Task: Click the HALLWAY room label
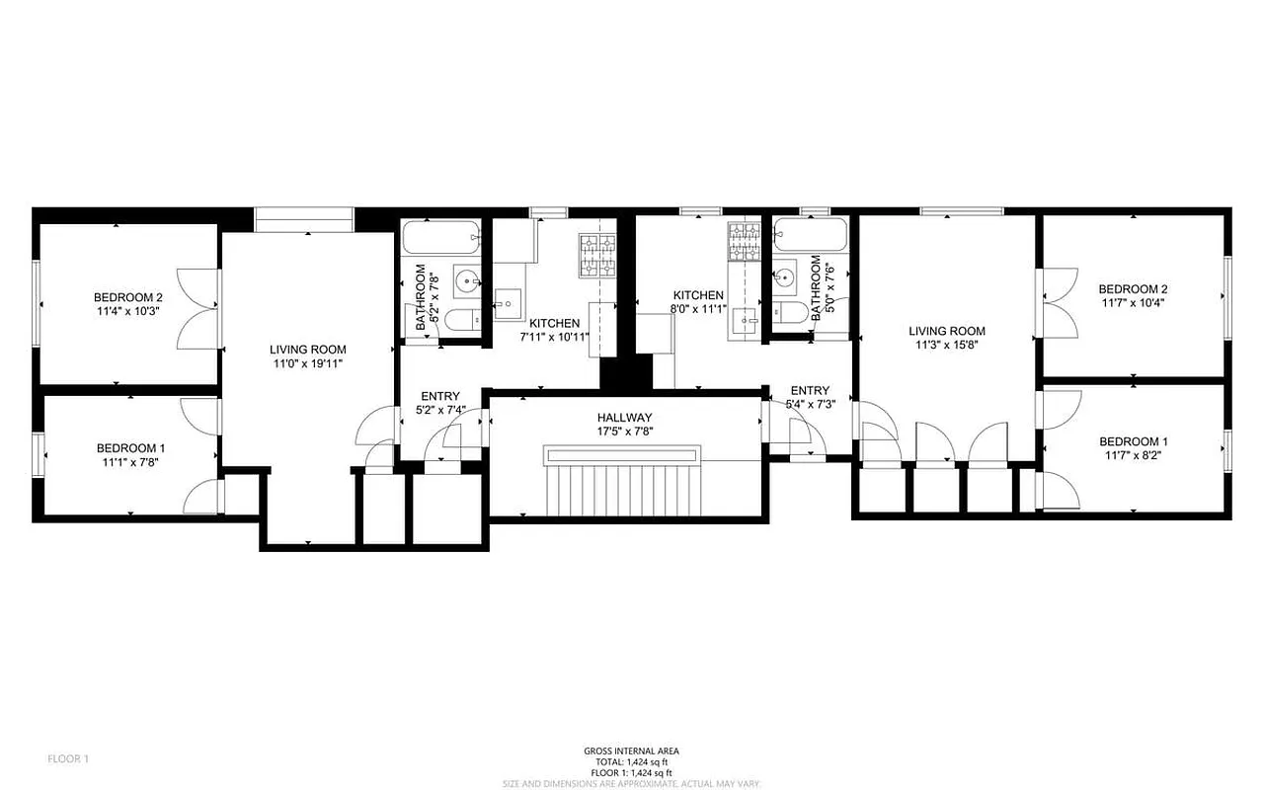coord(623,418)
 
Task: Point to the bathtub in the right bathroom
coord(811,238)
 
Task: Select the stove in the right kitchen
coord(744,243)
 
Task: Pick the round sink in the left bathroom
coord(466,281)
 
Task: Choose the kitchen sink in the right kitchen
coord(744,318)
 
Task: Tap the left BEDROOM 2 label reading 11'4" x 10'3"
coord(127,310)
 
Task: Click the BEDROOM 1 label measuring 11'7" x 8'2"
coord(1133,456)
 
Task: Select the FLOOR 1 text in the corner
coord(68,758)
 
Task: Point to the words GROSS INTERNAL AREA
coord(631,750)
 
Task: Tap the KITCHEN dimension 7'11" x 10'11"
coord(554,337)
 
